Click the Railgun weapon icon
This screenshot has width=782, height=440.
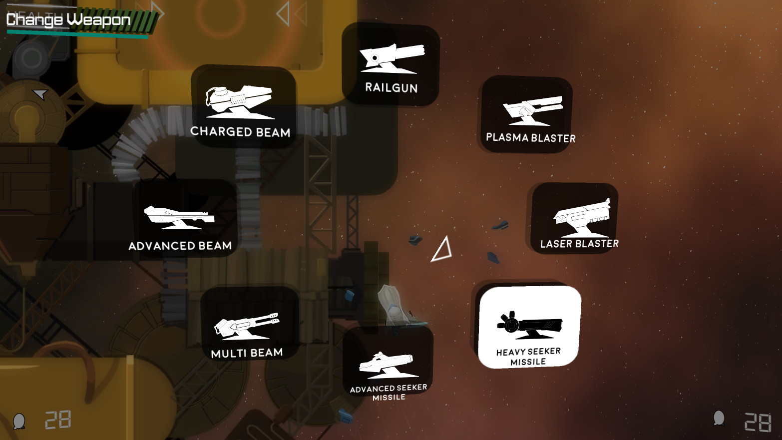tap(392, 58)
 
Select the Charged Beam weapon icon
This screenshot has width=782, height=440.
tap(239, 102)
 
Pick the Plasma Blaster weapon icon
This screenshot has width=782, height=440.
tap(532, 111)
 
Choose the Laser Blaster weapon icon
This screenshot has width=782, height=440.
tap(582, 218)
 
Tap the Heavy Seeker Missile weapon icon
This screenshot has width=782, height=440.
tap(530, 325)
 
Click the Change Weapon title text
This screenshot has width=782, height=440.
tap(68, 19)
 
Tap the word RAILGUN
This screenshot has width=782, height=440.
tap(391, 88)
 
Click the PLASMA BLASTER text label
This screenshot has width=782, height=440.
tap(531, 137)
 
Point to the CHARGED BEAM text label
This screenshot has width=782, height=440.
tap(240, 132)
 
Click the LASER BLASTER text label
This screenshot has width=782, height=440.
tap(580, 243)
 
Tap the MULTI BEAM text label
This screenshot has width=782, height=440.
tap(247, 353)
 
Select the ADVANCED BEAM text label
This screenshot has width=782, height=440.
tap(180, 246)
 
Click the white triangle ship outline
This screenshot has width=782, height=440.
tap(442, 249)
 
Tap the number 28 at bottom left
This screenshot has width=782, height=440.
tap(58, 420)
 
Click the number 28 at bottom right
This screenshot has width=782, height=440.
tap(758, 422)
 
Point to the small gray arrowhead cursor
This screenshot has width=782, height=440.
tap(40, 94)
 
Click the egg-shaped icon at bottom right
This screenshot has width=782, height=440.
tap(719, 418)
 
